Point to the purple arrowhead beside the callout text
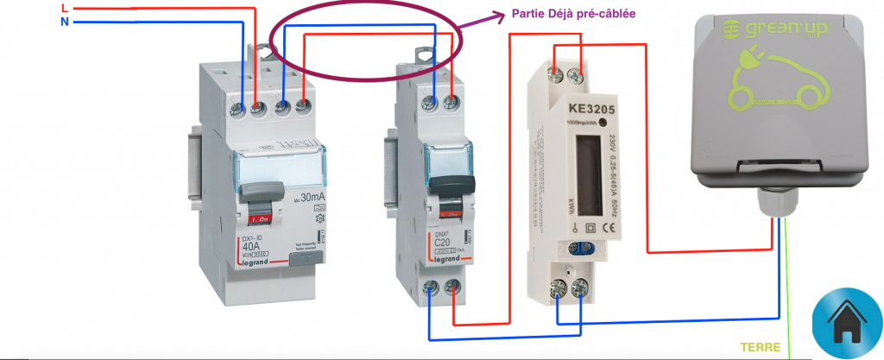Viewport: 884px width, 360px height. pos(502,14)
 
